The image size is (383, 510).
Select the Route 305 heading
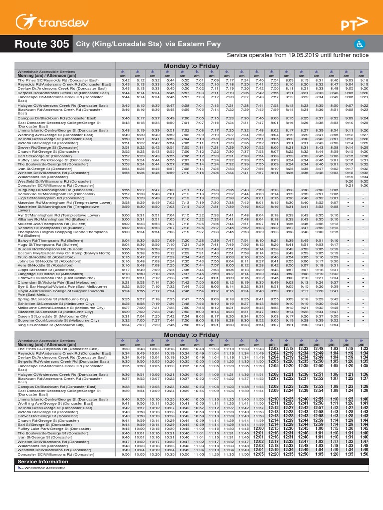[42, 44]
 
